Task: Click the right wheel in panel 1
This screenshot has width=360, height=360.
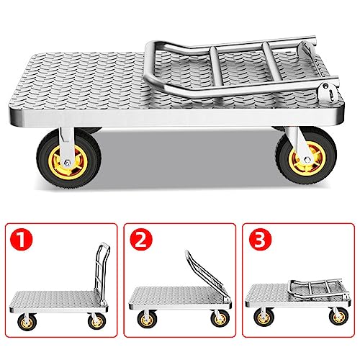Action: pos(96,321)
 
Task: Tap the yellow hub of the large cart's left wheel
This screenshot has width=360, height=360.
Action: pos(62,162)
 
